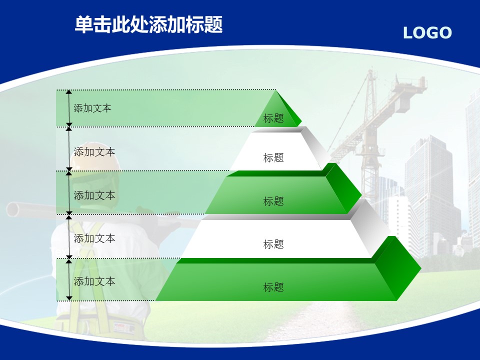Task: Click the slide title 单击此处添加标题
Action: (x=149, y=24)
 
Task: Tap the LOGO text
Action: (x=427, y=33)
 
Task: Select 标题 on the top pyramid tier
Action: (x=273, y=118)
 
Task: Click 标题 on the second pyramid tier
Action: (x=273, y=157)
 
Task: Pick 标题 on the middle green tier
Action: (x=273, y=201)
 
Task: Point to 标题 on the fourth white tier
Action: (x=273, y=244)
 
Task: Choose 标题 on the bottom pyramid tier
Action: (x=273, y=287)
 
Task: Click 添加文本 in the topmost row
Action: (x=92, y=108)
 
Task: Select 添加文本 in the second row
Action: (x=94, y=152)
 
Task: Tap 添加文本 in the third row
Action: (x=94, y=195)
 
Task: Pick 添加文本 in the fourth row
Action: (x=94, y=238)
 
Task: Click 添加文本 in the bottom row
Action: (x=94, y=281)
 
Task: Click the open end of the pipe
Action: (x=12, y=209)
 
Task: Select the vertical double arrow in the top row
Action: (x=69, y=108)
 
